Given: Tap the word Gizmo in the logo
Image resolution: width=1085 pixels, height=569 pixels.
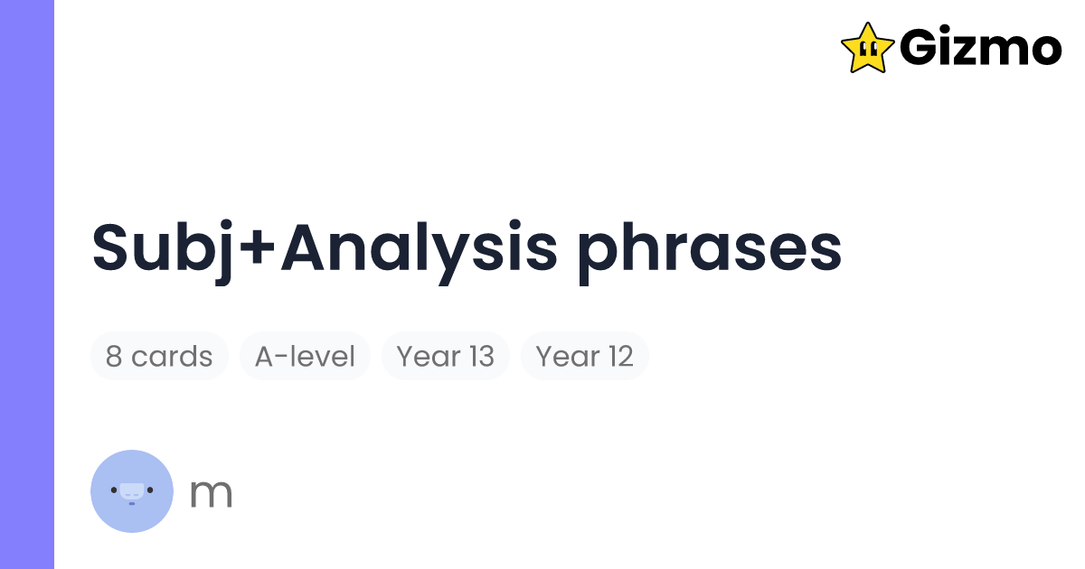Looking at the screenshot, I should (x=980, y=48).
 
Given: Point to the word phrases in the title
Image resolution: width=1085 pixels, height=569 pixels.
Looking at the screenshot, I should (x=710, y=248).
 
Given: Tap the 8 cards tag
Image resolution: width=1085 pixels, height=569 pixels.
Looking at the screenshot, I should (x=159, y=356).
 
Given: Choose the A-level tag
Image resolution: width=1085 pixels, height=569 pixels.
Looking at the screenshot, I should (x=305, y=356).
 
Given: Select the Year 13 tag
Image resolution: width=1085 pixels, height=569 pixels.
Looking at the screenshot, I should (x=445, y=356).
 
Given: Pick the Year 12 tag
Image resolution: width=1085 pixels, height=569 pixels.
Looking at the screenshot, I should (x=584, y=356).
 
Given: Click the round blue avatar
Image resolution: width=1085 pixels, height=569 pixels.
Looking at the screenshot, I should (x=132, y=490).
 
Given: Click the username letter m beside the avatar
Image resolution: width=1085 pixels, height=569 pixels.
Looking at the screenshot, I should (x=211, y=493).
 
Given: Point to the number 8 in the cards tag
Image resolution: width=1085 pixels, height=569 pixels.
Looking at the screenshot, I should (x=114, y=357).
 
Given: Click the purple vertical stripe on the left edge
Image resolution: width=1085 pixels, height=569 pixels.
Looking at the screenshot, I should (x=27, y=284).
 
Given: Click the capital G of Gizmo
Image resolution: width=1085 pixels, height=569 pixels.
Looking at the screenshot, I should (x=920, y=48).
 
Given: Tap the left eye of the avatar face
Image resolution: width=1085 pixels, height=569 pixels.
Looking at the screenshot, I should (x=114, y=490).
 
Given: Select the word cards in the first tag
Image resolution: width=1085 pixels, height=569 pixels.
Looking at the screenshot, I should (x=172, y=357).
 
